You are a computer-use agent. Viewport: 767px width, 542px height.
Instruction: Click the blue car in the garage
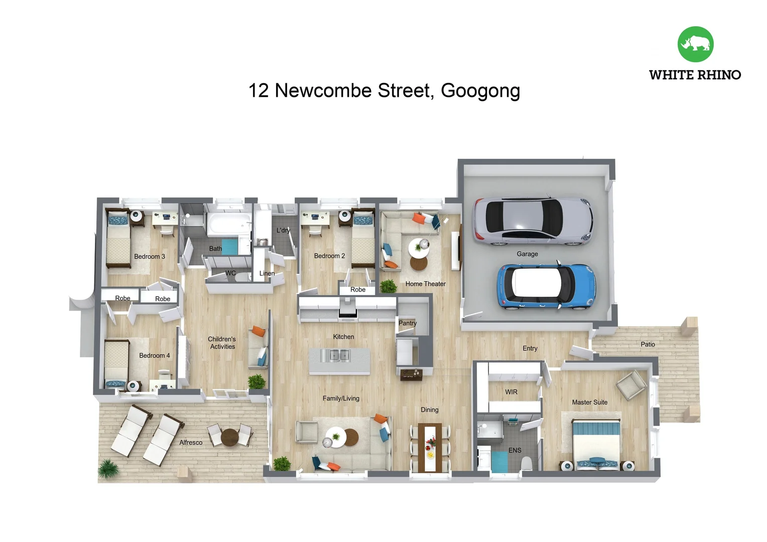coord(546,286)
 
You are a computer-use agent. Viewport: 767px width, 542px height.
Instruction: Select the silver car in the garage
coord(533,221)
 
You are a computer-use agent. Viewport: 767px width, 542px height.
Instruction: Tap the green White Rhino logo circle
coord(695,44)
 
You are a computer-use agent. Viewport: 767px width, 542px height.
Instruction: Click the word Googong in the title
coord(480,91)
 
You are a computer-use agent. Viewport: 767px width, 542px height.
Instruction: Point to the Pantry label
coord(408,323)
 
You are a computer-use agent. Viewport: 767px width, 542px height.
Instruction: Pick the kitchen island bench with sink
coord(339,361)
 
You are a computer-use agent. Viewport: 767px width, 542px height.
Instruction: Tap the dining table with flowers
coord(430,448)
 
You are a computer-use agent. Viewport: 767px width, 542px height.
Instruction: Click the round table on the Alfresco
coord(229,437)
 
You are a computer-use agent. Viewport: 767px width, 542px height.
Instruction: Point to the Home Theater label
coord(426,284)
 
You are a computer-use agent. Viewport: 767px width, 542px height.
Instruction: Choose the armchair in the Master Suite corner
coord(631,385)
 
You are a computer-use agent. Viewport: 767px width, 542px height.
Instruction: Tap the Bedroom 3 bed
coord(118,239)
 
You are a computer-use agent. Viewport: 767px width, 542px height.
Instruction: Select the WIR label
coord(511,392)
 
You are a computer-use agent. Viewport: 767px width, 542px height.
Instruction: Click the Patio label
coord(648,344)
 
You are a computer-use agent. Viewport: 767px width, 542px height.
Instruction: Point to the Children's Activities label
coord(222,343)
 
